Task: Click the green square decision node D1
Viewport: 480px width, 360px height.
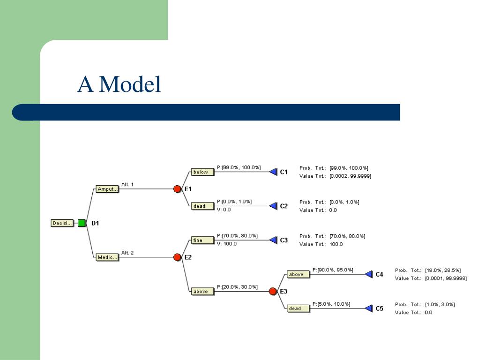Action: pos(82,223)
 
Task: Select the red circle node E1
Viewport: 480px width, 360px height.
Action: pos(177,189)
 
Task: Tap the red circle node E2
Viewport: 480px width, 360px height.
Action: pos(177,257)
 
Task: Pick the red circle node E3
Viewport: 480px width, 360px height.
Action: pos(273,291)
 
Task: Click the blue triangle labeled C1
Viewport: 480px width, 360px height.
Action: pos(273,172)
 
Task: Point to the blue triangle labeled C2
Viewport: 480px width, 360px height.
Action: pos(273,206)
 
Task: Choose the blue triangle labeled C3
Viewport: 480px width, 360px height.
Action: pos(273,240)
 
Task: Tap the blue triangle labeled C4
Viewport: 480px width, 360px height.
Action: pos(369,274)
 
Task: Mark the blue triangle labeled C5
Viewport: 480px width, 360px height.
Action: pos(369,308)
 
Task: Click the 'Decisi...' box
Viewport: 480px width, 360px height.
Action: pos(62,223)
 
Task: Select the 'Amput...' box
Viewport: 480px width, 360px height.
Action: pos(107,189)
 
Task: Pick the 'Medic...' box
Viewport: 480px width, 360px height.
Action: pos(107,257)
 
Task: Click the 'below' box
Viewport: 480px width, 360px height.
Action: pos(203,172)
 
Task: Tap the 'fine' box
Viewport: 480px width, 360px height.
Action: pos(203,240)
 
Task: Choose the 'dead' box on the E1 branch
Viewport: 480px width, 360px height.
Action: pos(203,206)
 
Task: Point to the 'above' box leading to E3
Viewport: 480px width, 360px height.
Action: pos(203,292)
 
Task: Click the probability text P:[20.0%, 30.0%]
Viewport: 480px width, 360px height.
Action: pos(237,287)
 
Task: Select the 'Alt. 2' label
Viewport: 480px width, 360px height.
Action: pos(127,253)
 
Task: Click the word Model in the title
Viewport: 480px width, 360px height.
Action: pos(130,84)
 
